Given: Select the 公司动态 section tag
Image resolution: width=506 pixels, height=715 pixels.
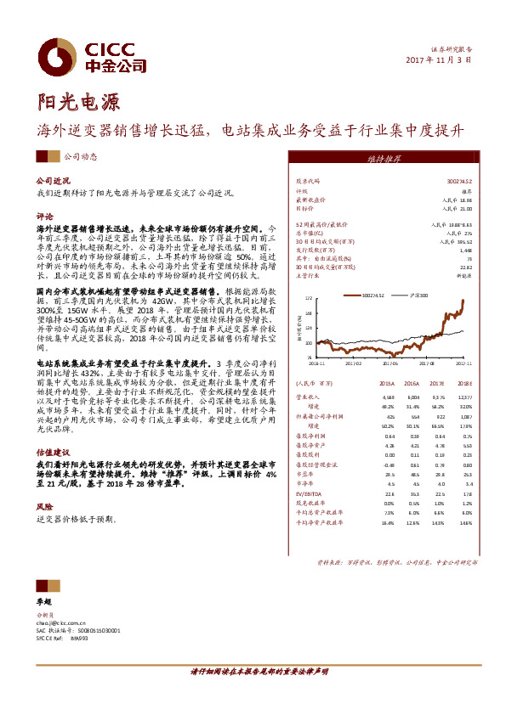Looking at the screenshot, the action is (x=81, y=157).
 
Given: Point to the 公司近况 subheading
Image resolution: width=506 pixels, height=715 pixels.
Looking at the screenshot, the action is (x=50, y=182).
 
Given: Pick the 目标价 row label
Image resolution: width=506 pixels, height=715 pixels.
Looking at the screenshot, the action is (x=304, y=207).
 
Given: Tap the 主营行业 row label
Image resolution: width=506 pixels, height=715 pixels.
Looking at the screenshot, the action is (x=306, y=275).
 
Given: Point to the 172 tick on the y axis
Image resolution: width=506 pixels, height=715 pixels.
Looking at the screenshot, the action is (x=309, y=298).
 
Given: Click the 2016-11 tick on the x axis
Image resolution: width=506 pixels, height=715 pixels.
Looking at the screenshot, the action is (x=317, y=362).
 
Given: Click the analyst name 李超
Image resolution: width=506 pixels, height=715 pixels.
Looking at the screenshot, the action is (x=43, y=601).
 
